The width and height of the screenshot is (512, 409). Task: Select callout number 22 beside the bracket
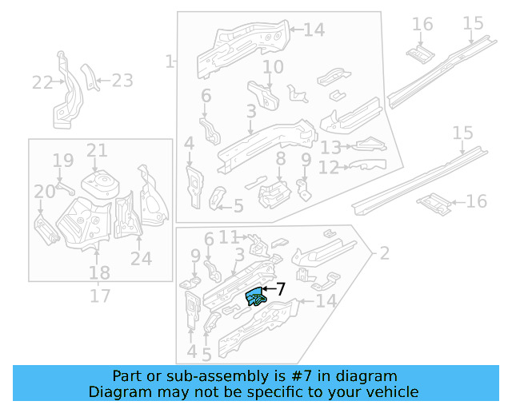point(42,82)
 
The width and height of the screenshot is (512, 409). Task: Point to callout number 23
point(122,80)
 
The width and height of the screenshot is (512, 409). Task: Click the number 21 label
point(97,150)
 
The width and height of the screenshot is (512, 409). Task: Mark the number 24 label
point(141,258)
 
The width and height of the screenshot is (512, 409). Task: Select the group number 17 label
point(99,296)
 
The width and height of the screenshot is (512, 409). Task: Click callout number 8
point(280,160)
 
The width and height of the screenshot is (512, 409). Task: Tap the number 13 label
point(330,148)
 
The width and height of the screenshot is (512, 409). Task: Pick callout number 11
point(230,236)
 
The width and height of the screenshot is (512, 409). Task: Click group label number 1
point(169,61)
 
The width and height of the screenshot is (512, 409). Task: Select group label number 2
point(384,253)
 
